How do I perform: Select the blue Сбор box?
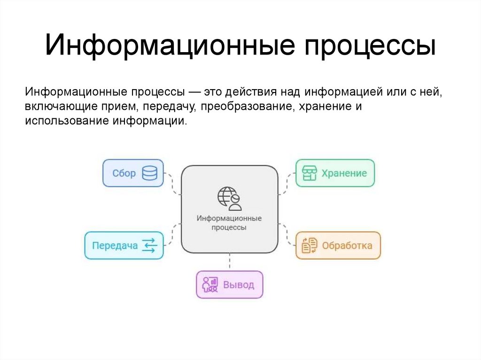point(133,173)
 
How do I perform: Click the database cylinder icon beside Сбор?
point(149,173)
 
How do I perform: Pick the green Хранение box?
point(335,173)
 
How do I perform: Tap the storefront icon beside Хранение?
point(310,173)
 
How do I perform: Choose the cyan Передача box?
point(124,245)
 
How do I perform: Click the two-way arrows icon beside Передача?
point(149,245)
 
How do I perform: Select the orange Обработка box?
point(338,245)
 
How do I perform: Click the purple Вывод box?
point(229,285)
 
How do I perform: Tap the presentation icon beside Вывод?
point(210,285)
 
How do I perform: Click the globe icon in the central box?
point(229,198)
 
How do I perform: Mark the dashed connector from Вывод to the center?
point(230,262)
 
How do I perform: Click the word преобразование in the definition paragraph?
point(247,106)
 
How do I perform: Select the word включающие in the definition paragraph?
point(56,106)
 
